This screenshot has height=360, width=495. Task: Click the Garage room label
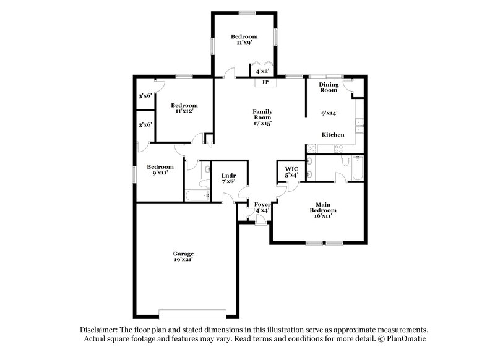183,254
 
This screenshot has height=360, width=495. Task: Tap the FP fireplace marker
265,82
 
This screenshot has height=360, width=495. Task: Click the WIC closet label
291,168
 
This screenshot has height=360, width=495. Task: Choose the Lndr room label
228,176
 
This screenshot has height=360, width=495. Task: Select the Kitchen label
333,134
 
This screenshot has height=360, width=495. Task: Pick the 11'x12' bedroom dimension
184,111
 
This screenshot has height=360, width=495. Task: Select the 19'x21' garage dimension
183,260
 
